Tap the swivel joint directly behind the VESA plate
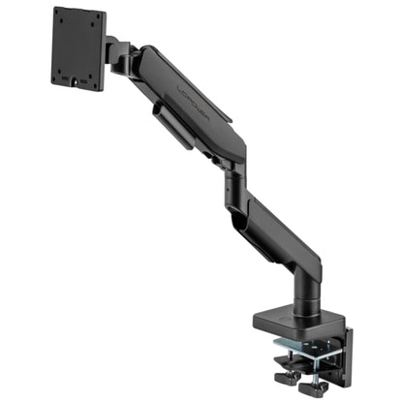[x=118, y=56]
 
